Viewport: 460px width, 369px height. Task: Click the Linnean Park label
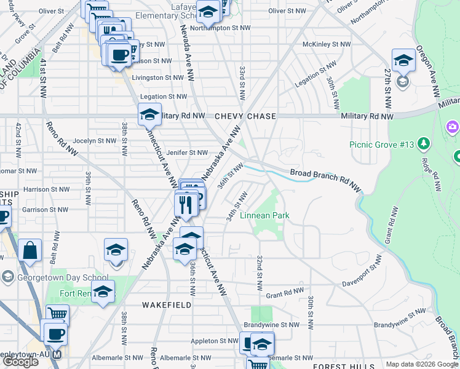point(264,216)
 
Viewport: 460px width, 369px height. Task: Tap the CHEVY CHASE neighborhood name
point(245,116)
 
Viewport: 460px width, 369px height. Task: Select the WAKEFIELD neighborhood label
point(166,305)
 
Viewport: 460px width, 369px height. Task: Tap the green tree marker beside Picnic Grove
point(423,144)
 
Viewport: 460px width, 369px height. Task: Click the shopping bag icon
point(30,250)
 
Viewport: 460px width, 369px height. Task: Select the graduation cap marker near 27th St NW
point(403,60)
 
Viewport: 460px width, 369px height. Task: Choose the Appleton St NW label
point(214,340)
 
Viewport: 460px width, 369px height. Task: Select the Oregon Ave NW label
point(427,71)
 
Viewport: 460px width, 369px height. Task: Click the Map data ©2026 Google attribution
point(422,364)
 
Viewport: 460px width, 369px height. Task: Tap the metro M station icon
point(57,355)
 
